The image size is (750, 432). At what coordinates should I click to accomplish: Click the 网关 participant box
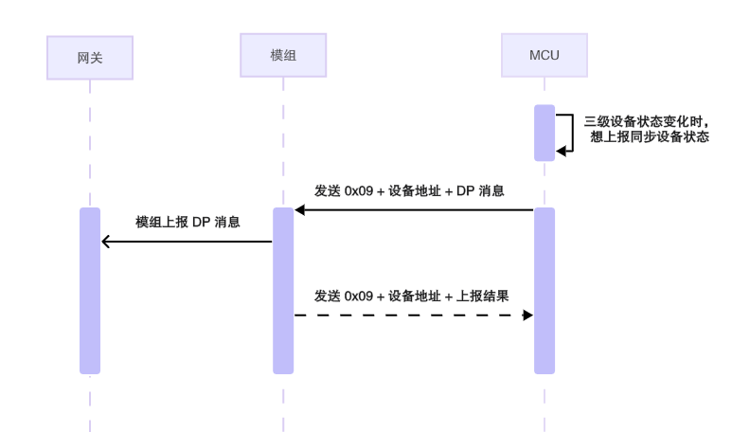(x=89, y=58)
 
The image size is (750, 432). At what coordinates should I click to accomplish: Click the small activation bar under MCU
(x=544, y=133)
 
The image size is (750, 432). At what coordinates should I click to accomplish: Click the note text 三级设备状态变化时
(x=647, y=121)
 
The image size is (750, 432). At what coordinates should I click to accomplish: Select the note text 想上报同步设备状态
(x=650, y=136)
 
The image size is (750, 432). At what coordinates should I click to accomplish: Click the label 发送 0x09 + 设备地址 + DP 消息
(x=408, y=190)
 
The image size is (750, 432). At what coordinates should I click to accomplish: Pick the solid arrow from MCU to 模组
(x=414, y=209)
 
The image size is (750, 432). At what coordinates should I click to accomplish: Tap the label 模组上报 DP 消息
(x=187, y=223)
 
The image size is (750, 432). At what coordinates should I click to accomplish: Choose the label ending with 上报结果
(x=412, y=296)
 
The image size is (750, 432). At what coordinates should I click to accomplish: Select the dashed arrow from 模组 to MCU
(x=414, y=315)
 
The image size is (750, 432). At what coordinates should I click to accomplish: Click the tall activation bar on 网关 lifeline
(x=89, y=290)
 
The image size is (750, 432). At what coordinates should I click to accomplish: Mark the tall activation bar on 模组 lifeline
(x=283, y=290)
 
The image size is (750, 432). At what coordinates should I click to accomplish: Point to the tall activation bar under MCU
(x=544, y=290)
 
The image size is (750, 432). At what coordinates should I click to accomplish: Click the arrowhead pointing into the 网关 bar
(x=105, y=242)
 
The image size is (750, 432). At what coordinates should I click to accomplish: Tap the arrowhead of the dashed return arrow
(x=527, y=315)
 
